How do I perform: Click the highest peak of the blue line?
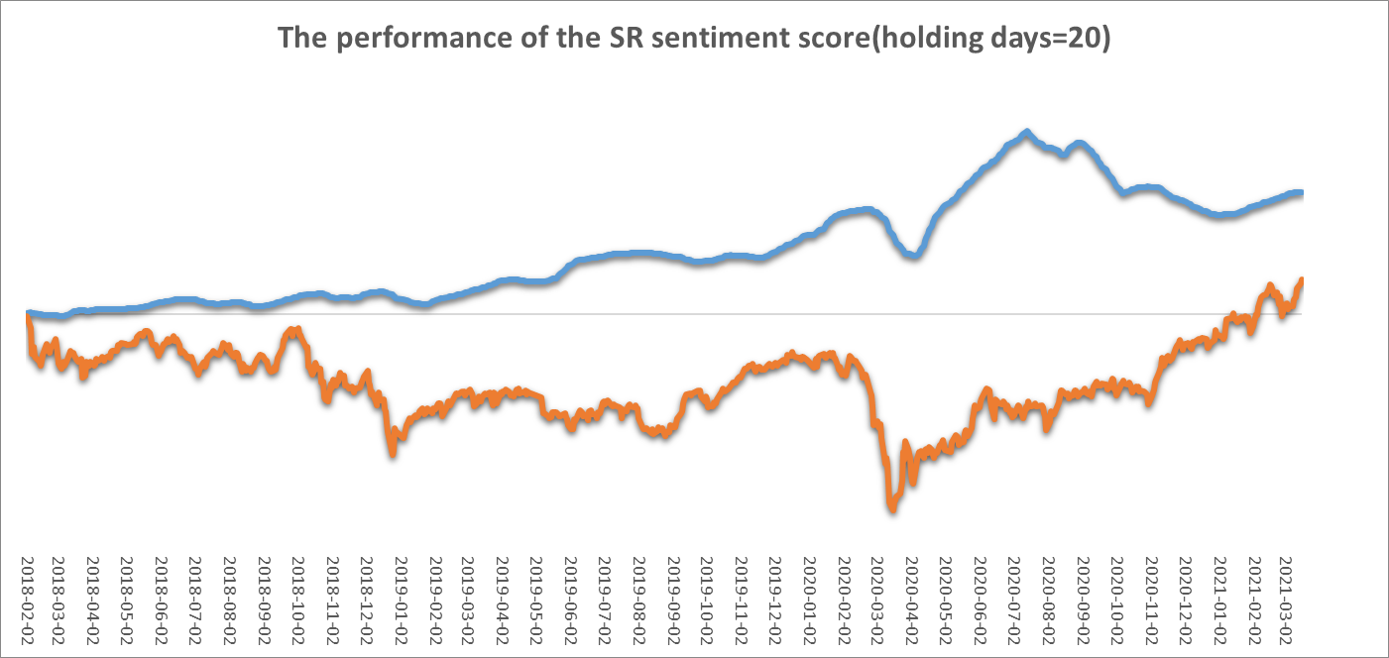coord(1026,132)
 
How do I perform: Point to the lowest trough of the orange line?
coord(892,508)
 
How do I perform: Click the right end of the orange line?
coord(1301,280)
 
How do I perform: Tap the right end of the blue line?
coord(1301,192)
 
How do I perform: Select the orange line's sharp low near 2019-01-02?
coord(394,451)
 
